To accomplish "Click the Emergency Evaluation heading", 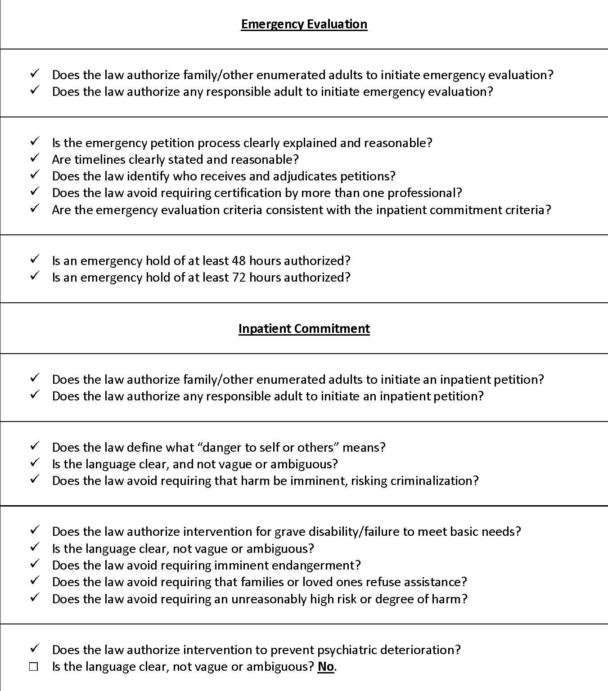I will pyautogui.click(x=304, y=24).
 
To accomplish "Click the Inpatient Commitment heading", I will pyautogui.click(x=304, y=329).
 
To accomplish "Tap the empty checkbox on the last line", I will pyautogui.click(x=34, y=667).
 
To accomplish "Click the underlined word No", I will pyautogui.click(x=326, y=667).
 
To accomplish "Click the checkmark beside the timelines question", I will pyautogui.click(x=35, y=159).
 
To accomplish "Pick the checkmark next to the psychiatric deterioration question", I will pyautogui.click(x=35, y=649).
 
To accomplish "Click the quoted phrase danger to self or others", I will pyautogui.click(x=268, y=448).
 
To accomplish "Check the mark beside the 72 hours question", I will pyautogui.click(x=35, y=277).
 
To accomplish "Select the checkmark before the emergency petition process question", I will pyautogui.click(x=35, y=142).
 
